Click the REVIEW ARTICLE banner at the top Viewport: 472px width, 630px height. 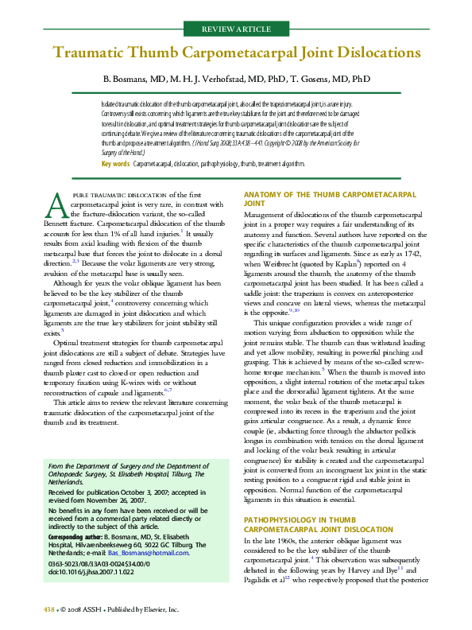236,29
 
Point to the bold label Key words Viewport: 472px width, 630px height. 116,163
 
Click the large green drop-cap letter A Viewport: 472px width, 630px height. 56,205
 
